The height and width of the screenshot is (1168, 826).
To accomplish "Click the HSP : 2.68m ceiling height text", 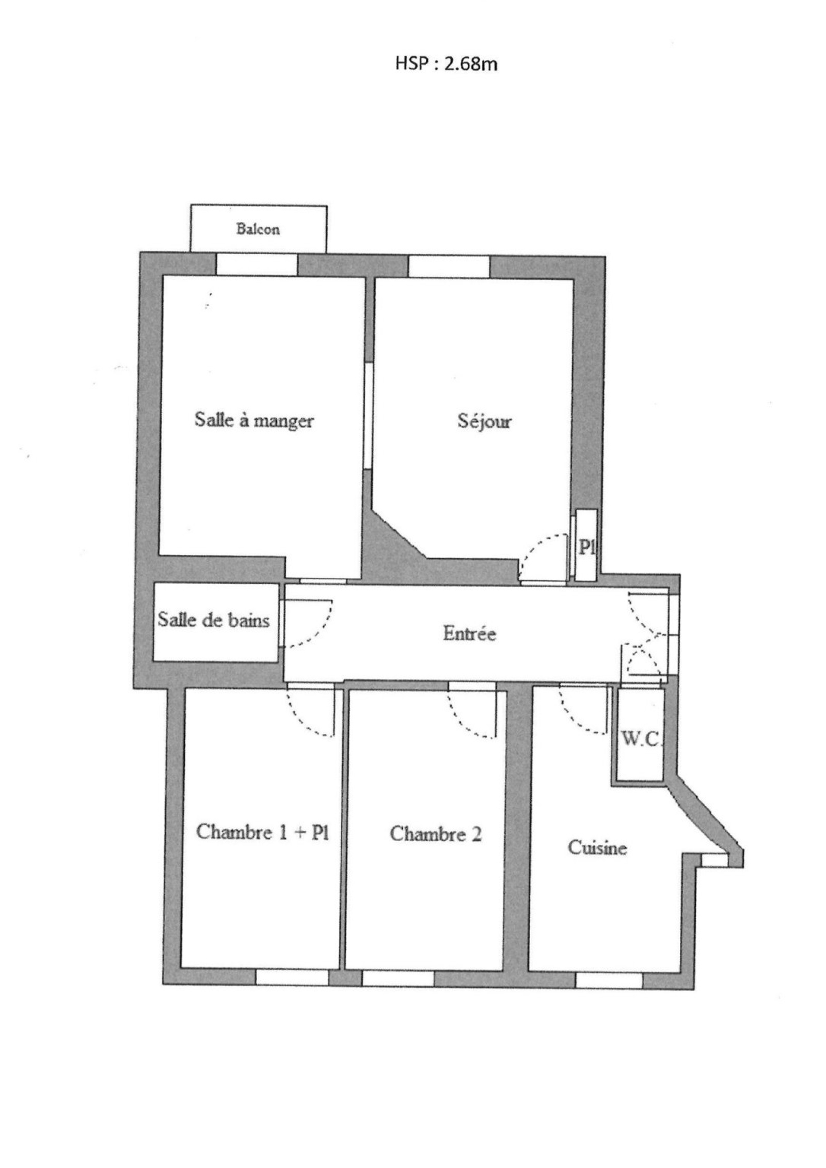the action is pos(446,64).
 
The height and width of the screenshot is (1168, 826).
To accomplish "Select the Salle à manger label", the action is pos(254,420).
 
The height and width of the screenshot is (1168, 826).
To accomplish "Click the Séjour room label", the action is pos(484,422).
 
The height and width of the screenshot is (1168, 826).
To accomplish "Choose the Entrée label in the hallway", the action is pos(469,634).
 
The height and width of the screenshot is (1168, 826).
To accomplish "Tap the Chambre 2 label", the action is pos(435,833).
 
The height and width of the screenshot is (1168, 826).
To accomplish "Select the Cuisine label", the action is pos(597,847).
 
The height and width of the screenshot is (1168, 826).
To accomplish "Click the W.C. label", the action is pos(640,740).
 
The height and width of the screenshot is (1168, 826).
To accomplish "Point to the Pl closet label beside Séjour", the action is pos(586,548).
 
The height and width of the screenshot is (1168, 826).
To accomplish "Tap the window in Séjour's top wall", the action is pos(449,267).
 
